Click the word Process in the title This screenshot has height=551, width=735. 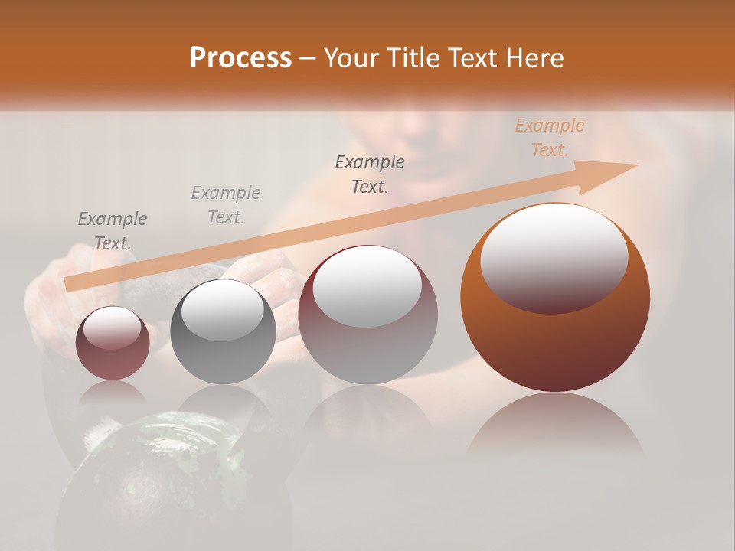click(x=240, y=58)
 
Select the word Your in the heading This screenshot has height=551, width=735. click(x=350, y=58)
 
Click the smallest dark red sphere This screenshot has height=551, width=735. click(x=113, y=343)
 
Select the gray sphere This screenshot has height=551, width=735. click(x=223, y=331)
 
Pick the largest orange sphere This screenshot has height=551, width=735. click(x=555, y=297)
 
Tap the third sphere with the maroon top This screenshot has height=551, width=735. click(x=367, y=315)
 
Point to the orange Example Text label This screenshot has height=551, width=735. click(x=549, y=138)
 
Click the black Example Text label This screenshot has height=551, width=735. click(x=370, y=174)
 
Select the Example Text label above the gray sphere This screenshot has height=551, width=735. click(x=226, y=204)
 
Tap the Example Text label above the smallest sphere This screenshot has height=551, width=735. click(x=113, y=230)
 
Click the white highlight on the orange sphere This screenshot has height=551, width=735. click(x=554, y=256)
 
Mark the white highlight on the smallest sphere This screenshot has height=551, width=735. click(x=112, y=329)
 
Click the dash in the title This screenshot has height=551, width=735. click(x=307, y=58)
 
